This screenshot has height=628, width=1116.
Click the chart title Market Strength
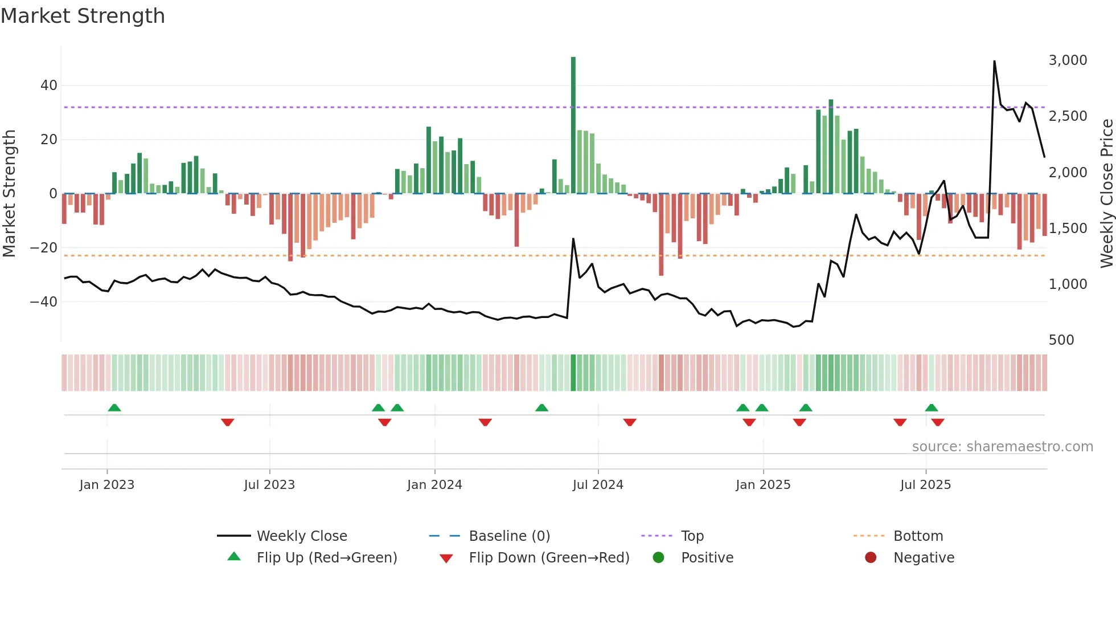(x=83, y=16)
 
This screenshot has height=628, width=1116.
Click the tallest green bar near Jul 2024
(x=573, y=125)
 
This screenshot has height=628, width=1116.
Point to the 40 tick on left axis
(x=49, y=85)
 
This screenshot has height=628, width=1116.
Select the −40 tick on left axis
(x=44, y=301)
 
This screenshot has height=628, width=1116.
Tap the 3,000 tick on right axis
(x=1068, y=60)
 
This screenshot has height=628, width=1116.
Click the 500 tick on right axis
(x=1061, y=340)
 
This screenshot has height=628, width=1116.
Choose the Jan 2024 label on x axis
(x=434, y=485)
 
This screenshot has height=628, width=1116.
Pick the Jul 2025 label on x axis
(x=925, y=485)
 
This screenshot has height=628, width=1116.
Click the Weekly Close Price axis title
(x=1106, y=193)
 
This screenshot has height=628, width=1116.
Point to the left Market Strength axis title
(x=10, y=193)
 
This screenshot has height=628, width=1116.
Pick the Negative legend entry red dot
(x=871, y=558)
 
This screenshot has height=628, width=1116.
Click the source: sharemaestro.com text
(x=1002, y=447)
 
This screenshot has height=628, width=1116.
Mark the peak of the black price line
(x=994, y=62)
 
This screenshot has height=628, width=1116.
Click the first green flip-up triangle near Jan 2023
(x=114, y=407)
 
